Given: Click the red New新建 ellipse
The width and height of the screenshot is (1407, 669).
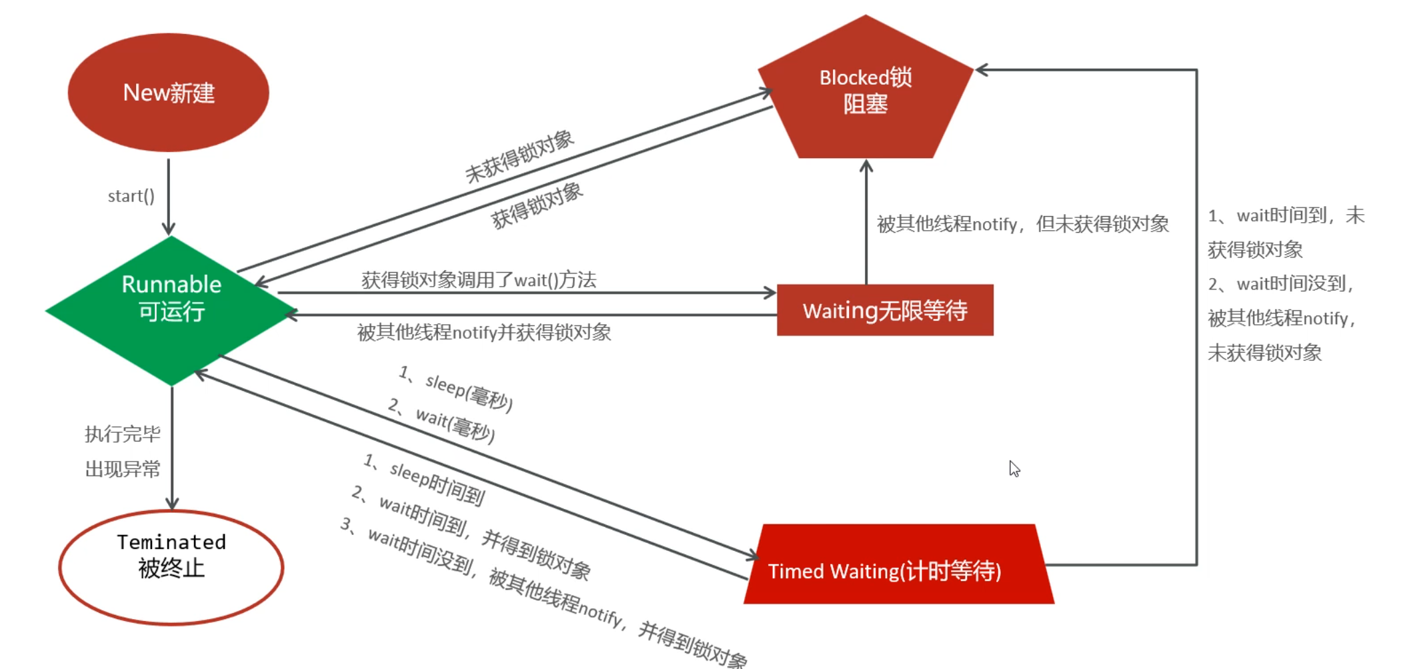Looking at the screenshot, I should pos(168,92).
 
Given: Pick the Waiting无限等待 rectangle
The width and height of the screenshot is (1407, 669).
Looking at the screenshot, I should pos(885,310).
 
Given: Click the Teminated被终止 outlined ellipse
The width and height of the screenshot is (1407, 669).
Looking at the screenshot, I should pos(171,567).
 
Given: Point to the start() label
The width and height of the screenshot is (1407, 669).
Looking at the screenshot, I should pos(131,196).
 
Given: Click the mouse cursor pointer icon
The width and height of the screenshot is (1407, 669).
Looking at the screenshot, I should pos(1014,468).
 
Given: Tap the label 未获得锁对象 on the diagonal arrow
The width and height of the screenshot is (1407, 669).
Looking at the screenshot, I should pos(519,156).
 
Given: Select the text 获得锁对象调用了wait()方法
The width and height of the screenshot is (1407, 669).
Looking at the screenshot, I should pos(478,279).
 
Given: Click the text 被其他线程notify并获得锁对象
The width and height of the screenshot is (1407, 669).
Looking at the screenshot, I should pos(483,332).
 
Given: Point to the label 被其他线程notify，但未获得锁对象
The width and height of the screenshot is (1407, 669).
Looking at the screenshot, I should pos(1022,224).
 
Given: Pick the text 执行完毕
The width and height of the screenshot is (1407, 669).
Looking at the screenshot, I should pos(123,434).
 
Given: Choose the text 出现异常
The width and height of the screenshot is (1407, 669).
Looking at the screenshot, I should pos(123,469).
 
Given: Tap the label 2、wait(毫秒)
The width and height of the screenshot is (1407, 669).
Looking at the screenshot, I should pos(441,423).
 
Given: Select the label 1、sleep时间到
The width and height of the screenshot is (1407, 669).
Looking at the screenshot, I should pos(425,479).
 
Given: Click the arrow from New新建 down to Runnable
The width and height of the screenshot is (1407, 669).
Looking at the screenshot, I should pos(168,197).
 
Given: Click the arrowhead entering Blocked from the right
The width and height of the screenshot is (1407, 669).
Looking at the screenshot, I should pos(982,69).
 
